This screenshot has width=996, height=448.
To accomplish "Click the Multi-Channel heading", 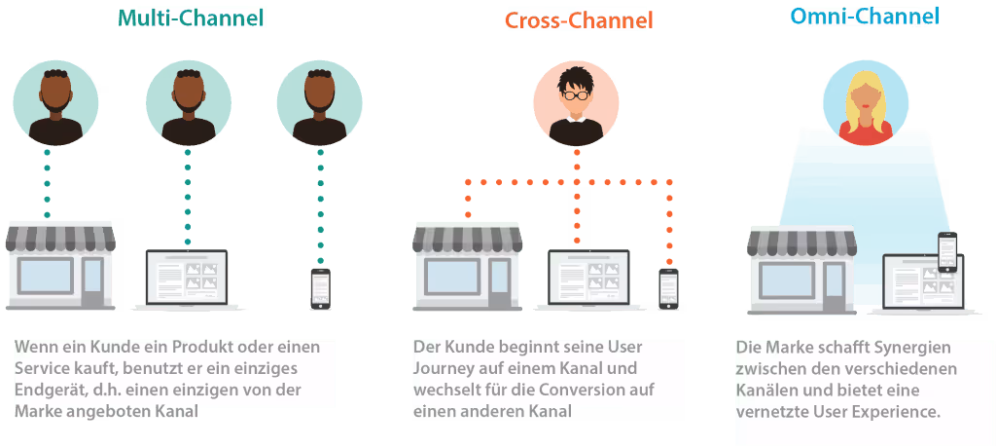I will click(x=192, y=18).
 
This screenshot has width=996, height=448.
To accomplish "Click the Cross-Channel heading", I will click(x=579, y=20).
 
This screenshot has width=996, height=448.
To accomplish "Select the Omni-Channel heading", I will click(x=865, y=17).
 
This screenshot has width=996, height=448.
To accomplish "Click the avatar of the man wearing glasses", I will click(x=576, y=103).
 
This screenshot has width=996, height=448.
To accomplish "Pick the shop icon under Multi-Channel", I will click(x=59, y=264).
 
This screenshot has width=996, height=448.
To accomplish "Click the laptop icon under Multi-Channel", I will click(x=187, y=280).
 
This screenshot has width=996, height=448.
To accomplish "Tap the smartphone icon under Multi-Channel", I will click(x=320, y=288).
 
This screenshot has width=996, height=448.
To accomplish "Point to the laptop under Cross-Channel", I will click(x=589, y=280).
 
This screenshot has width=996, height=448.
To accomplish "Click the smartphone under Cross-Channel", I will click(x=668, y=288).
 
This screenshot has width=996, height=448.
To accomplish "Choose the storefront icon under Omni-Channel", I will click(x=803, y=270).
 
